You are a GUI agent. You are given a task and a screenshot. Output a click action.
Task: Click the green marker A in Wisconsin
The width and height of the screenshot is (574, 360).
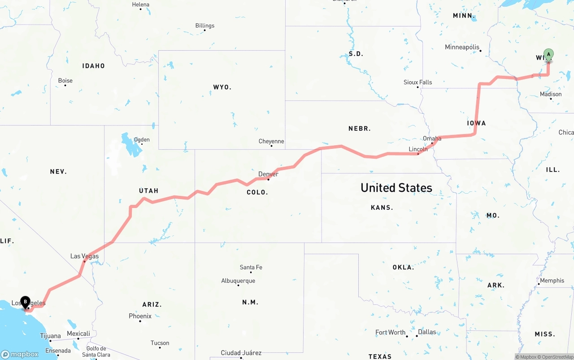(548, 55)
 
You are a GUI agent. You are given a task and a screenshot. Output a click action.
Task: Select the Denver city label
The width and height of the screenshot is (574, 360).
(268, 174)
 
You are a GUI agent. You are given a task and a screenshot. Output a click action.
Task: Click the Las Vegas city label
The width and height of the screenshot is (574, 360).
(84, 256)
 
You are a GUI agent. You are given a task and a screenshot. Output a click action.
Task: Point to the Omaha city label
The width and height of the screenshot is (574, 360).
(432, 139)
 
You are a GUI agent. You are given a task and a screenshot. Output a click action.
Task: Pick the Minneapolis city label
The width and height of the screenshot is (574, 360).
(462, 47)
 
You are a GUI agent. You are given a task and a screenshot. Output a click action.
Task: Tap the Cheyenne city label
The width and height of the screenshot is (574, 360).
(271, 141)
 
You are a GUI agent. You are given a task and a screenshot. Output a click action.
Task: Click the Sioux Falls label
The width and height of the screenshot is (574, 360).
(417, 82)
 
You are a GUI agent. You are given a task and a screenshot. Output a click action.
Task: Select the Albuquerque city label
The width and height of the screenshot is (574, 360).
(238, 281)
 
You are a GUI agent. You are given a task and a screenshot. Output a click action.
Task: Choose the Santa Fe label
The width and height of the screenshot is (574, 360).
(251, 267)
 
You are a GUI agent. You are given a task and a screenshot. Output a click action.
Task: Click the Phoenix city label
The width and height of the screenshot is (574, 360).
(140, 316)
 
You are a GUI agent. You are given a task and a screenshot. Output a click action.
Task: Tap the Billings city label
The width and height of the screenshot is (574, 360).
(204, 26)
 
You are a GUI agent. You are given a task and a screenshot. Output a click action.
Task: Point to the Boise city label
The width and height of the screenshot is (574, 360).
(65, 81)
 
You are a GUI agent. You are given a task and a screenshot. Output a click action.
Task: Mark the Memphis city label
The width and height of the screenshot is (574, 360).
(552, 281)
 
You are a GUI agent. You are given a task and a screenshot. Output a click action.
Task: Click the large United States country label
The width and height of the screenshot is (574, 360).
(396, 188)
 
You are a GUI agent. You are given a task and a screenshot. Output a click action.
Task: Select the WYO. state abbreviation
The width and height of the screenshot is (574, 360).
(222, 87)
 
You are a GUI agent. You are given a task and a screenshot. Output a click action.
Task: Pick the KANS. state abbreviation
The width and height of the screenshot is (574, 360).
(382, 208)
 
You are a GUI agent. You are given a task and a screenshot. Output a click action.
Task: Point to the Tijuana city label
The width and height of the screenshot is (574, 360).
(50, 336)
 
